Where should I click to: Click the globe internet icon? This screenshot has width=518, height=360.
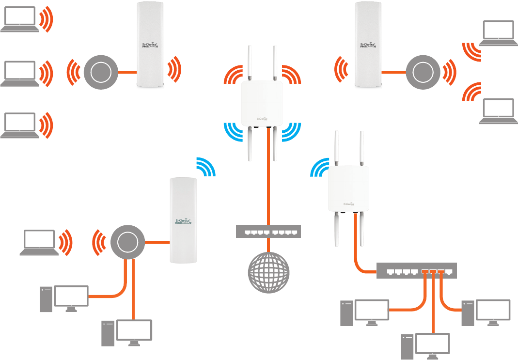pos(268,272)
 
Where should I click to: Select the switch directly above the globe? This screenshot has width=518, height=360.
pos(268,232)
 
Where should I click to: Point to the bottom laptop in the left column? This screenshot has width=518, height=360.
pos(19,125)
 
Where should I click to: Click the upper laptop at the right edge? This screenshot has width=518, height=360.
pos(496,33)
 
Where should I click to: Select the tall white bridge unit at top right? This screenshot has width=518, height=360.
pos(368,45)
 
